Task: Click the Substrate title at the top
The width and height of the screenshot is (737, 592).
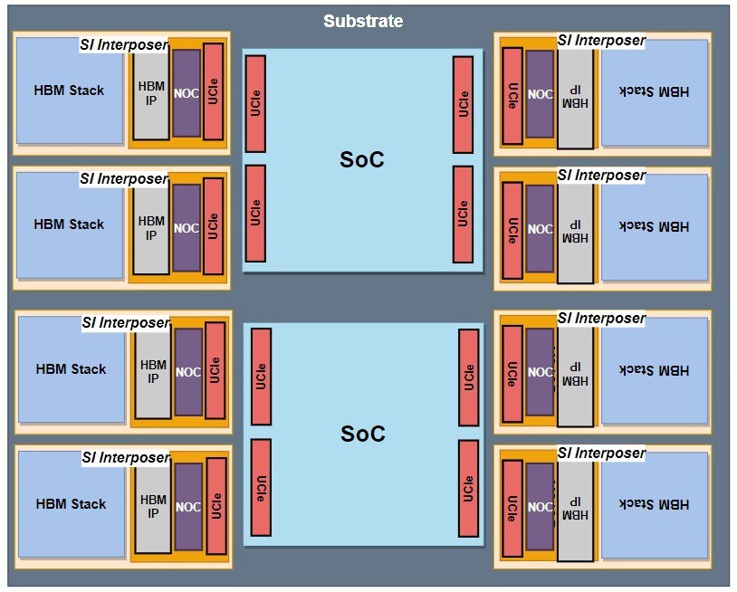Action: pos(363,21)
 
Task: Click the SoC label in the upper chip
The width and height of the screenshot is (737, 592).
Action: pos(362,159)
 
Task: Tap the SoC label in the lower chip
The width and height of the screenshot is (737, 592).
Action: pos(362,434)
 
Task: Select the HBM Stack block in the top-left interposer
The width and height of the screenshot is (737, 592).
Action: pos(69,91)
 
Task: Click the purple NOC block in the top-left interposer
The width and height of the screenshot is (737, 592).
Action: pos(187,93)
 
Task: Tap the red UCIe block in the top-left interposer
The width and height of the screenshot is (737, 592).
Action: pos(213,91)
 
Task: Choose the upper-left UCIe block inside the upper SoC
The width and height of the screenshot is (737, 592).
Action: pos(255,104)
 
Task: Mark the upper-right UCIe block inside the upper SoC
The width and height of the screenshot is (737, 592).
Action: pos(463,104)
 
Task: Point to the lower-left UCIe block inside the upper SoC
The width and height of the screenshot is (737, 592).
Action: pos(255,213)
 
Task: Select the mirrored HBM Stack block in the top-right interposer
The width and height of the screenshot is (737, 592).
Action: pos(654,91)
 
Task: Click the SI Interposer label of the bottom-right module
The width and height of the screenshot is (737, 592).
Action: pos(601,453)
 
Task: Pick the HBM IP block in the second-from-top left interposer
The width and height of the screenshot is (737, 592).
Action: pos(151,228)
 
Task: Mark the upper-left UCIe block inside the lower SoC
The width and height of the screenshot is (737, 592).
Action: pos(261,377)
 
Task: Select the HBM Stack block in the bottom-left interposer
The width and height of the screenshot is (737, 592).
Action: pos(71,504)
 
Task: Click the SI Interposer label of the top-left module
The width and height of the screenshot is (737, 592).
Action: pos(124,43)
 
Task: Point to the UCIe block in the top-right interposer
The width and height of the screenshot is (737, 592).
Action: pos(512,95)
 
